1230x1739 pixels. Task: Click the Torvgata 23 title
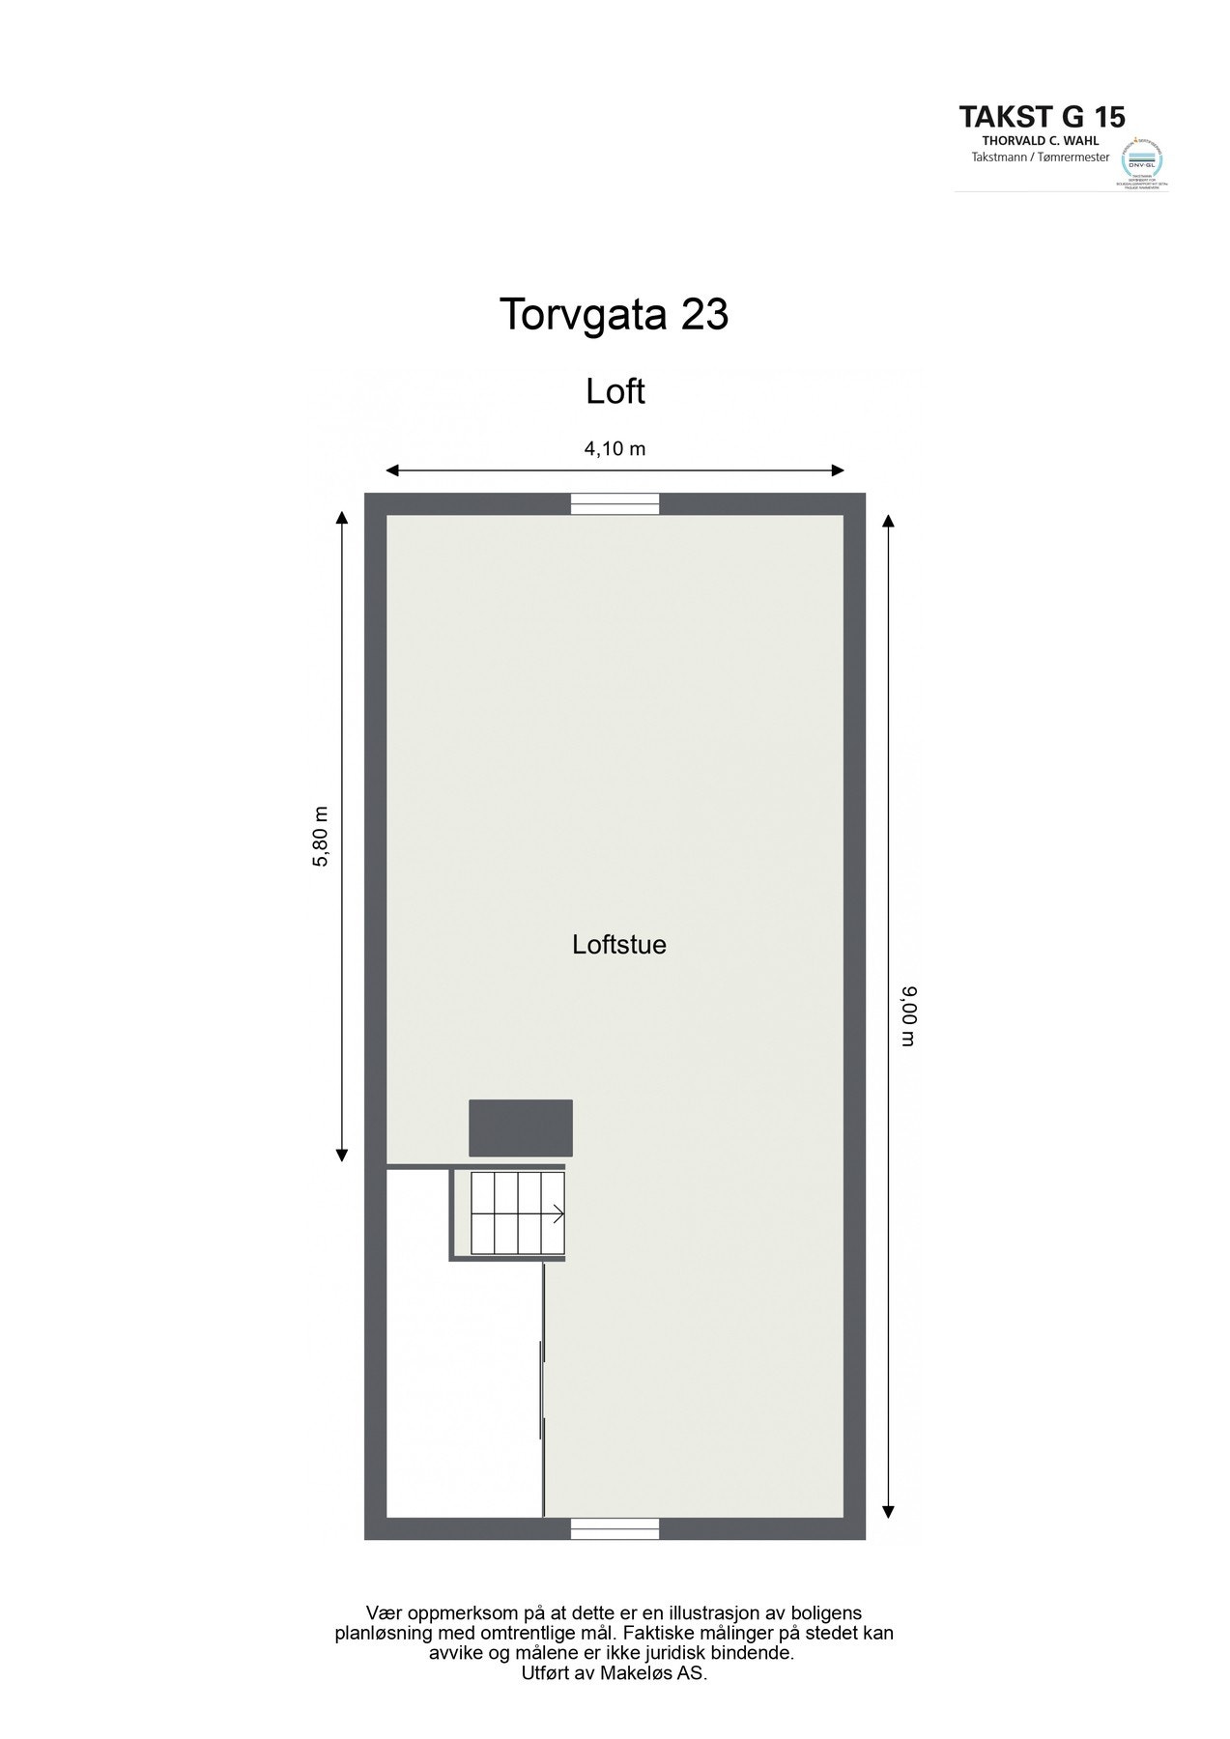pos(614,315)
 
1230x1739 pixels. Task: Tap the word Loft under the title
pos(615,391)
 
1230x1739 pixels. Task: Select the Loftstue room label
pos(619,944)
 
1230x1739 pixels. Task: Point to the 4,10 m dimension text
pos(615,448)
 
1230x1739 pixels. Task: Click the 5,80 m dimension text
pos(322,837)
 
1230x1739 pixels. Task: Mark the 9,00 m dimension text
pos(908,1016)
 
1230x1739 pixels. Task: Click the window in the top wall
pos(615,503)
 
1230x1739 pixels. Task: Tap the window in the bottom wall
pos(615,1528)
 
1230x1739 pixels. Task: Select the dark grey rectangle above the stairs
pos(521,1127)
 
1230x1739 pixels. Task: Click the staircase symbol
pos(517,1212)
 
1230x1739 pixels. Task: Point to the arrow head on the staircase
pos(559,1213)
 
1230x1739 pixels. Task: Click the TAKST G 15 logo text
pos(1042,117)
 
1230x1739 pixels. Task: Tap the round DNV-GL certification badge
pos(1141,160)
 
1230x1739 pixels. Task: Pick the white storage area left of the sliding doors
pos(464,1391)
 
